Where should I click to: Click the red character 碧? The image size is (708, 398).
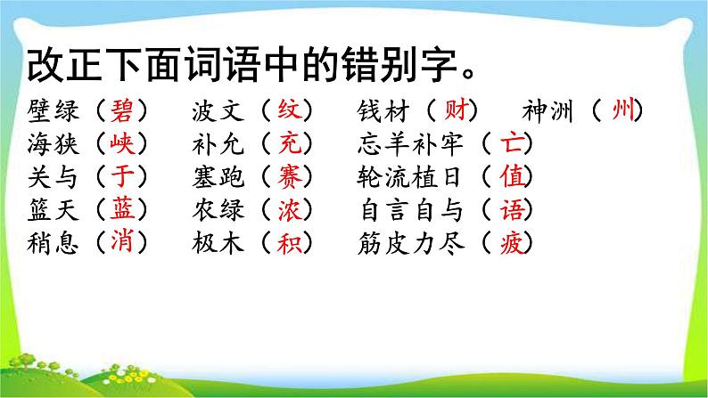point(122,110)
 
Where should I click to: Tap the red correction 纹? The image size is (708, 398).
point(290,110)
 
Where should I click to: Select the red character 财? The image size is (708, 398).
point(455,110)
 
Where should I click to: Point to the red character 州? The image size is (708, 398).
point(623,110)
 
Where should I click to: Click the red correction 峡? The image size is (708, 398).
point(122,143)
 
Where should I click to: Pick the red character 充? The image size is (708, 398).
point(290,143)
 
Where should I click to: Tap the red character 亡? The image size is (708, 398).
point(512,143)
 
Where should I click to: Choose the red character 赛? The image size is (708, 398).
point(290,176)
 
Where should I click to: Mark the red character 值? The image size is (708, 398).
point(512,176)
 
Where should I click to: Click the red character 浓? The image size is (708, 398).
point(290,209)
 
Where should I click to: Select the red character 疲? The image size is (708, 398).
point(512,243)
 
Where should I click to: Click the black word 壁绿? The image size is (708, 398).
point(54,111)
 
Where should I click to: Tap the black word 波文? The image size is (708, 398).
point(218,111)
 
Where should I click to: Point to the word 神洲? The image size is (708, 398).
point(547,111)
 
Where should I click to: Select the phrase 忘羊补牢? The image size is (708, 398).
point(410,143)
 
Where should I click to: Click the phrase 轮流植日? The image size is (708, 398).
point(409,177)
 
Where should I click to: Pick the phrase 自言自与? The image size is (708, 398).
point(411,210)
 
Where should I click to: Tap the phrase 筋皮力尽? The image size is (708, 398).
point(411,244)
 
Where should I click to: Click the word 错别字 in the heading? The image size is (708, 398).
point(399,65)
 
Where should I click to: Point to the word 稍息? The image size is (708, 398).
point(54,244)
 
